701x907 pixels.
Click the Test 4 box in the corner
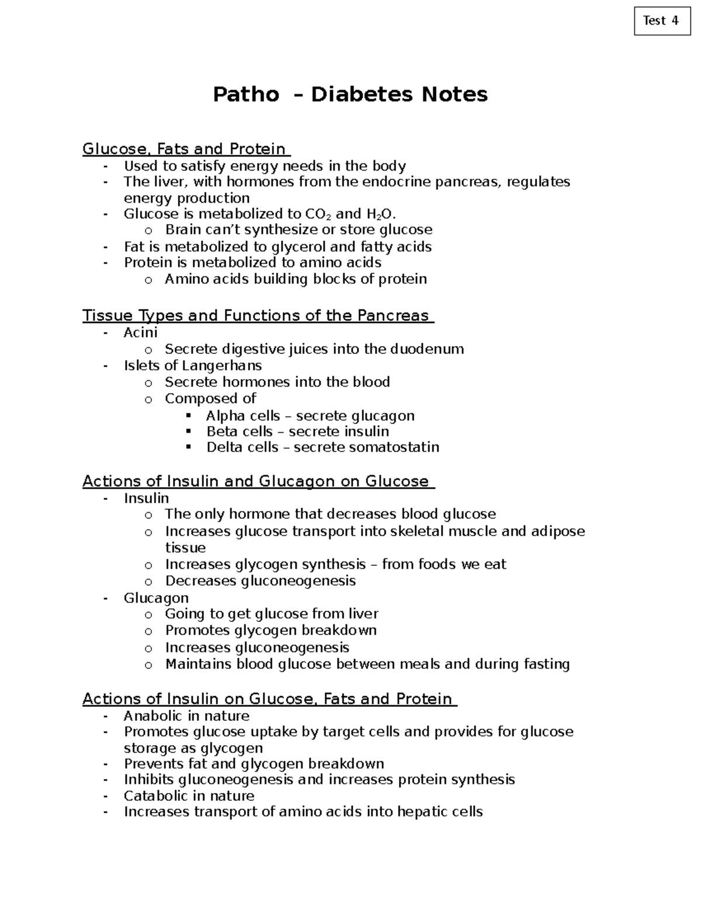tap(662, 21)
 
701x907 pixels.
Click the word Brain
tap(183, 230)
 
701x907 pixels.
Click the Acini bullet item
tap(140, 332)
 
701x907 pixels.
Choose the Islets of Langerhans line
tap(192, 366)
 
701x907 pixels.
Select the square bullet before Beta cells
tap(188, 431)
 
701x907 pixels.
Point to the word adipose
tap(557, 531)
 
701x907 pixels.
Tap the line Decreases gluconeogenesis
tap(260, 581)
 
